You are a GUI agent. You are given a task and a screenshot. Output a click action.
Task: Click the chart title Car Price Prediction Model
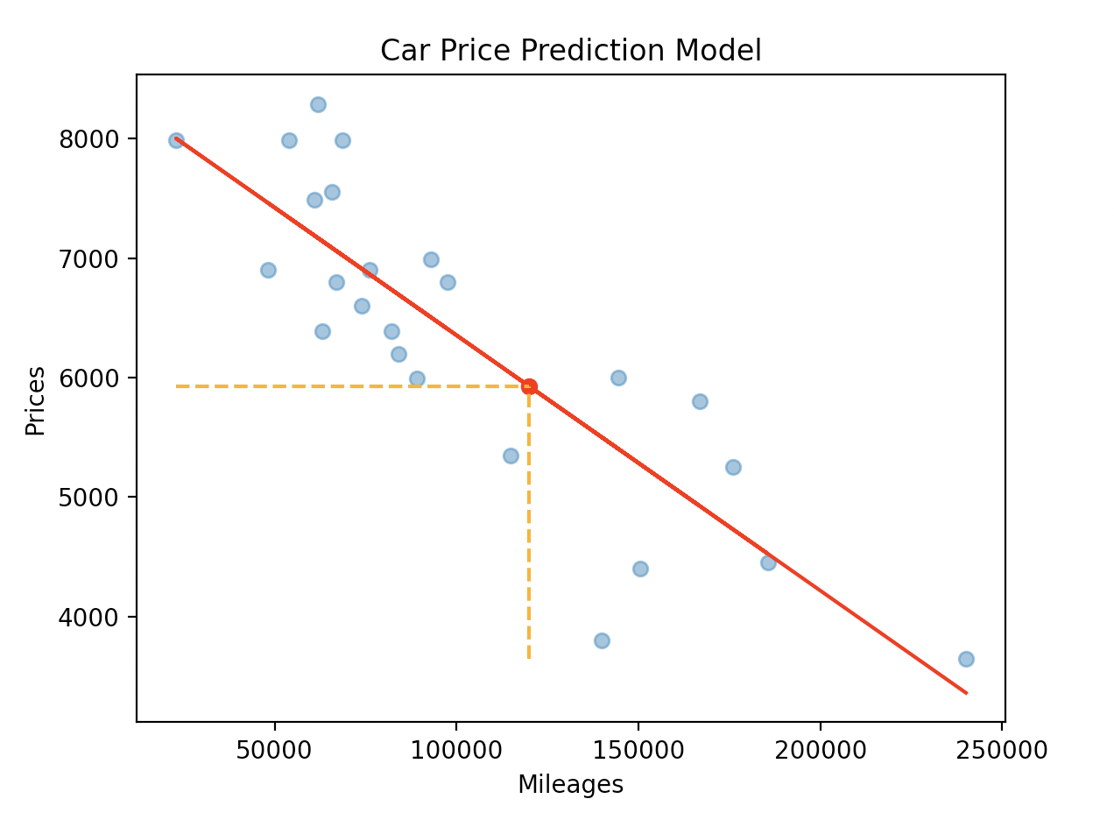click(x=570, y=51)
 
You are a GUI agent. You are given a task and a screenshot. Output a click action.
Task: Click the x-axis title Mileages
click(x=570, y=784)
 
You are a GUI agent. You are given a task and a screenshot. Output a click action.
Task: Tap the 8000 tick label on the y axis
click(x=88, y=139)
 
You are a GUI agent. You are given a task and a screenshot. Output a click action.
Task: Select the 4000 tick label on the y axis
click(x=88, y=617)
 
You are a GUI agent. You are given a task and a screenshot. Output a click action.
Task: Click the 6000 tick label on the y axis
click(x=88, y=378)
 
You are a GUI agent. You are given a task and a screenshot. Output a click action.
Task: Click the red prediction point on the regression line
click(x=529, y=386)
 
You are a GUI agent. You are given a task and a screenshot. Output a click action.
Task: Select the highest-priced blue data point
click(x=318, y=104)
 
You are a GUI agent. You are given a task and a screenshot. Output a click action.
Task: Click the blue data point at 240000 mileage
click(x=966, y=659)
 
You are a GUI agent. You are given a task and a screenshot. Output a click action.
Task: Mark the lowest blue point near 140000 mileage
click(x=602, y=640)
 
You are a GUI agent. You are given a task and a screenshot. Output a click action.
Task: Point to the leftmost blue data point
click(x=176, y=140)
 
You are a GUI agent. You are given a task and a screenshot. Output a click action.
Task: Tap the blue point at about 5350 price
click(x=511, y=456)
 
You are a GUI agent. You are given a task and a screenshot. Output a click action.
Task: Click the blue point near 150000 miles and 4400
click(x=640, y=569)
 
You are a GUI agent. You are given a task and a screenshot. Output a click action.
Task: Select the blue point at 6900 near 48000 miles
click(x=268, y=270)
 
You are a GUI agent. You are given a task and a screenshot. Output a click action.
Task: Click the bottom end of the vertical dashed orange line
click(x=529, y=657)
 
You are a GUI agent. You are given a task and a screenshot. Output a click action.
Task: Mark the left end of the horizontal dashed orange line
click(x=177, y=386)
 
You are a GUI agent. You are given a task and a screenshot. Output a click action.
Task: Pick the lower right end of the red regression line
click(x=966, y=693)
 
